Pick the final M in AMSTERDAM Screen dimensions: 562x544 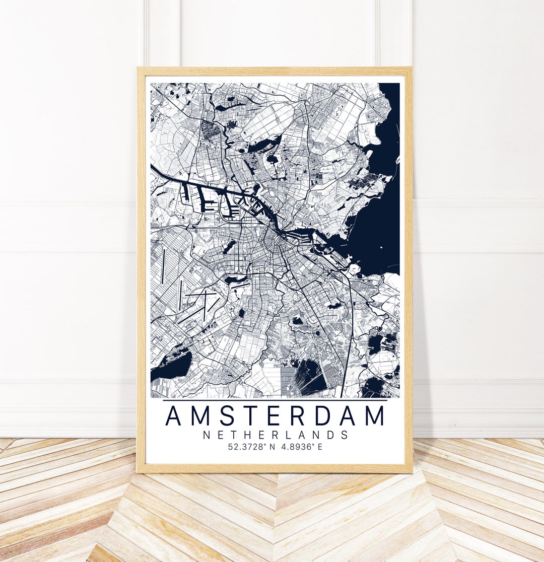pos(374,416)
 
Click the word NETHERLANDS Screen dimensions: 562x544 pos(276,435)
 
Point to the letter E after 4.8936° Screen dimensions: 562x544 pos(320,447)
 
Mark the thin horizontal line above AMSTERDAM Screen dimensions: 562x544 pos(275,400)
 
